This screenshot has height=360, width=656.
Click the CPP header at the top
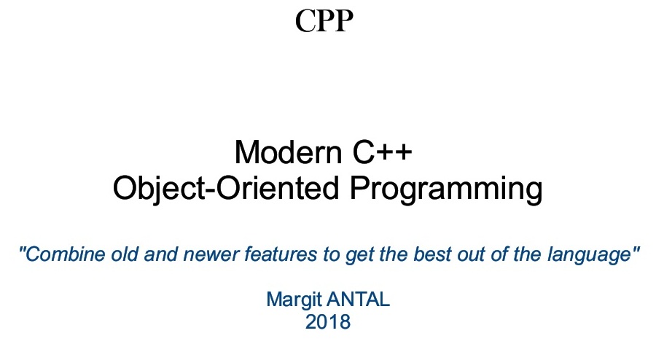[324, 21]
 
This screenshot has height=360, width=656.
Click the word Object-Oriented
[226, 189]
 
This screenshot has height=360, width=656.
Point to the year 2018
[328, 321]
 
